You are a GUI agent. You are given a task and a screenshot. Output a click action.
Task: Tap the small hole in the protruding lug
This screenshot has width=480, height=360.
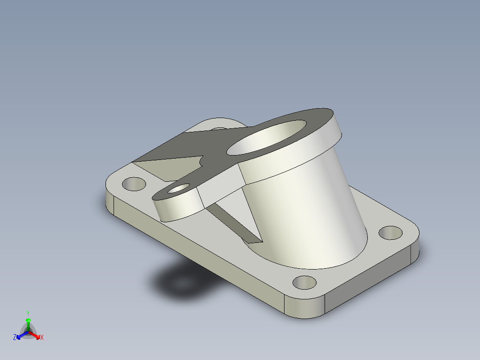[x=178, y=189]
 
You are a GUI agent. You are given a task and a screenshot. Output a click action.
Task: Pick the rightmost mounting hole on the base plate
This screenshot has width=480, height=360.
[x=391, y=232]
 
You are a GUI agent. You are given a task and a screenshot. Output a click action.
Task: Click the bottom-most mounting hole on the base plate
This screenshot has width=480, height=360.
[x=305, y=282]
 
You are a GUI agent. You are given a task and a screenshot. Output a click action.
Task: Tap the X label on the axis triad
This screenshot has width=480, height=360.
[x=42, y=338]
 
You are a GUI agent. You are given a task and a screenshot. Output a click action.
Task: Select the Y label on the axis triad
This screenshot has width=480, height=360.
[x=28, y=313]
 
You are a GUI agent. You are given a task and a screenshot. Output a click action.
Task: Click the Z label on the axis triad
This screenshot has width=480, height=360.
[x=15, y=338]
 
